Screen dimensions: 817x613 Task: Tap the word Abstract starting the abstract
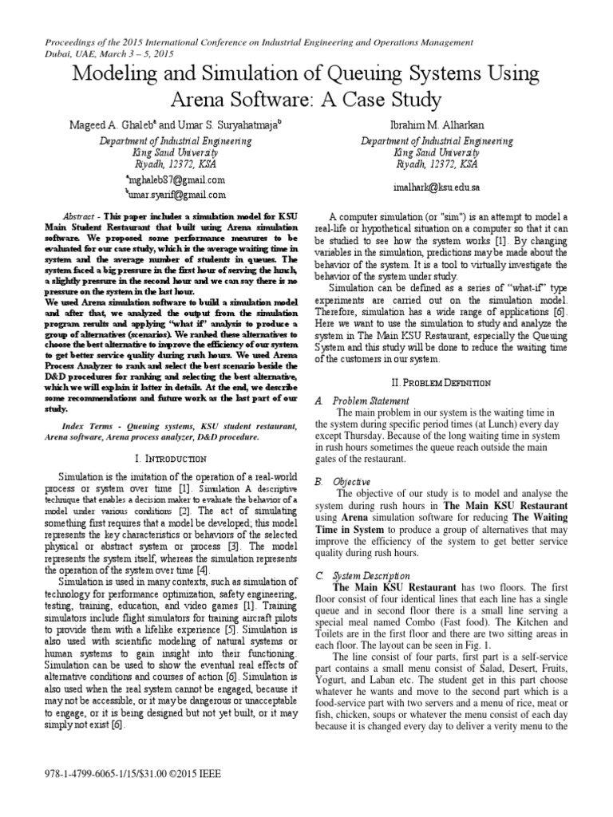pos(78,217)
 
